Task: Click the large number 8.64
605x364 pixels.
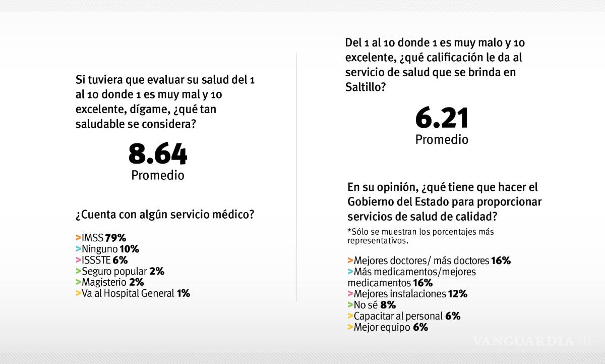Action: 158,154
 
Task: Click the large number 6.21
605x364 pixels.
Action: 442,118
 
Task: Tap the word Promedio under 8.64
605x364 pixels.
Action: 158,175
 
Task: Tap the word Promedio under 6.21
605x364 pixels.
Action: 442,139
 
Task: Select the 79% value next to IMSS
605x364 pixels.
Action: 115,238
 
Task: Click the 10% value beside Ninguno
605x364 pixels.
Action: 129,249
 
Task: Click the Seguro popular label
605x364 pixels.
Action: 115,271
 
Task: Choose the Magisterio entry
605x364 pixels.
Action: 104,282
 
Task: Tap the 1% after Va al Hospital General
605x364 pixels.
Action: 184,293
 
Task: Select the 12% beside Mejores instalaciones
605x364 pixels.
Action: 458,294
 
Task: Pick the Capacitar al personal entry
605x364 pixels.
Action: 398,316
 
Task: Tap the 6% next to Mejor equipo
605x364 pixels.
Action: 420,327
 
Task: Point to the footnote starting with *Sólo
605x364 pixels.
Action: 420,236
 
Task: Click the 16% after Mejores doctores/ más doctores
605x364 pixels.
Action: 501,261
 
